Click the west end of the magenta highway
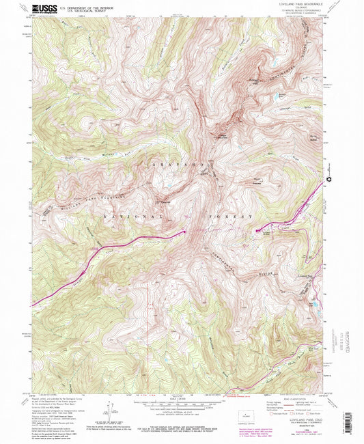coord(33,305)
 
